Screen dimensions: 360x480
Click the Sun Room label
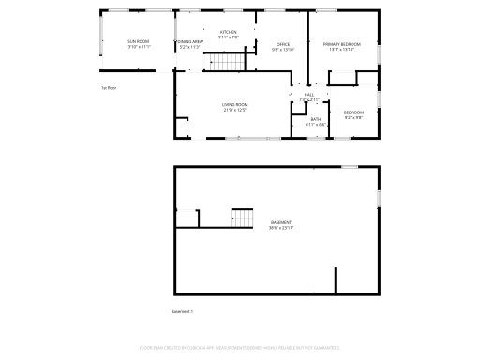coord(138,42)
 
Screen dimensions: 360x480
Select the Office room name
coord(283,44)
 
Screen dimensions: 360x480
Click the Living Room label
coord(234,105)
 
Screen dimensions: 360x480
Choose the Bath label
coord(316,119)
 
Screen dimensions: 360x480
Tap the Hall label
coord(308,95)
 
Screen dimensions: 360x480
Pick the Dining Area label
coord(190,42)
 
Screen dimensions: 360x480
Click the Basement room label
coord(281,222)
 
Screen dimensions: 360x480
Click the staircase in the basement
coord(243,218)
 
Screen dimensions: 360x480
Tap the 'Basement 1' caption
coord(182,311)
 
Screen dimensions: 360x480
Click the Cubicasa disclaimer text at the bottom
coord(240,347)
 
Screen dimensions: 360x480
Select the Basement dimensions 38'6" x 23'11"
coord(281,228)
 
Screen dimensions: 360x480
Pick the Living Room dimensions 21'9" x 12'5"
coord(234,111)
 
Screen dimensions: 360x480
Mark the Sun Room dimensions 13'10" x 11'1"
coord(138,47)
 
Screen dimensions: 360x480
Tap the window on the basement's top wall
coord(349,166)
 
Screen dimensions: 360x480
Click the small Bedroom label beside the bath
coord(352,112)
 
